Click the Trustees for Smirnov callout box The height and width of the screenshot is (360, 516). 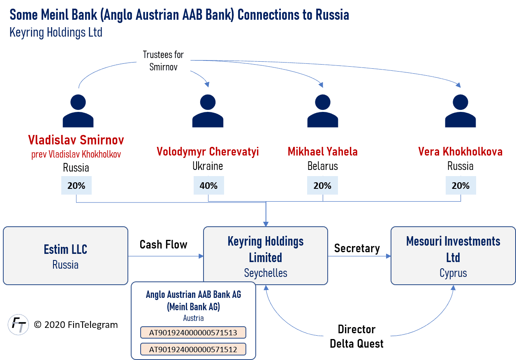point(163,60)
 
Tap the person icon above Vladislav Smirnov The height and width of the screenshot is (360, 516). point(78,111)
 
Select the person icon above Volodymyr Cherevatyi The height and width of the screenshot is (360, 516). point(208,111)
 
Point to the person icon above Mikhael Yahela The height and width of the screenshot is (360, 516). point(323,111)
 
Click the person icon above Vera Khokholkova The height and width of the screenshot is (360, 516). point(460,111)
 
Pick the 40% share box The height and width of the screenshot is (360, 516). point(208,186)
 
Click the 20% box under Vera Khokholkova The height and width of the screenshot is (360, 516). point(460,186)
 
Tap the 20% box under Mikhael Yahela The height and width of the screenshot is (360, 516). point(322,186)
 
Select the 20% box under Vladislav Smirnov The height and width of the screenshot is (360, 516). point(76,186)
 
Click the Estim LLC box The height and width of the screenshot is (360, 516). point(65,255)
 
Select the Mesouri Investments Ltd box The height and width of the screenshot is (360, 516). point(453,255)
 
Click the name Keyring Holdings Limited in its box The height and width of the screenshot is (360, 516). point(266,249)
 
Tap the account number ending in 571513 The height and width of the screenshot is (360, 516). point(193,332)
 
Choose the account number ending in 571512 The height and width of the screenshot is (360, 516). point(193,349)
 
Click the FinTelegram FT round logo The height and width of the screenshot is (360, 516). point(19,325)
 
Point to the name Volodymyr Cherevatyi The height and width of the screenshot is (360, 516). point(208,151)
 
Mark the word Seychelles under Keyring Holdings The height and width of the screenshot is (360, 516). point(266,273)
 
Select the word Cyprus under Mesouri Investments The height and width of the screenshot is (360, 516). point(453,273)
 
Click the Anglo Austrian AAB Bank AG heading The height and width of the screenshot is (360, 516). point(193,295)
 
